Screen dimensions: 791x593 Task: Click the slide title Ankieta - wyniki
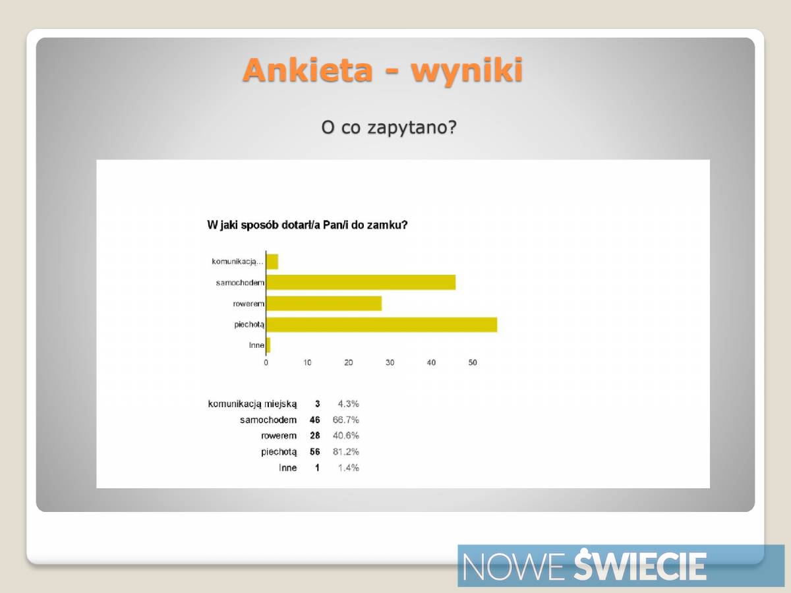[383, 71]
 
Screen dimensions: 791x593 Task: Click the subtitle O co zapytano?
[389, 127]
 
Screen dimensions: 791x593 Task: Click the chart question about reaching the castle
[307, 225]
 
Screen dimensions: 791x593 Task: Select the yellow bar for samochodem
[361, 282]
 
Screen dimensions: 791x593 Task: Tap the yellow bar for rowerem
[324, 304]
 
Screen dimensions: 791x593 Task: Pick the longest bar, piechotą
[382, 325]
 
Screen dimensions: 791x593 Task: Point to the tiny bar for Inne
[268, 345]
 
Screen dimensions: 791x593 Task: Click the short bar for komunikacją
[272, 262]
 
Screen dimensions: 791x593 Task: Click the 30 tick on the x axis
[390, 362]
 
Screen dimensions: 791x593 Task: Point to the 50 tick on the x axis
[473, 362]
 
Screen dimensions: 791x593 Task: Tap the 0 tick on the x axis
[266, 362]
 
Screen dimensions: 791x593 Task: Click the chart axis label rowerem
[249, 304]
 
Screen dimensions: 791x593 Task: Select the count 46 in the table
[314, 420]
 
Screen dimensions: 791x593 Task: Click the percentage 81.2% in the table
[345, 451]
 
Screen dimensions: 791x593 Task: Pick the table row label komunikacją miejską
[252, 405]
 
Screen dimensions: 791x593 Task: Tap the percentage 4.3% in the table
[348, 404]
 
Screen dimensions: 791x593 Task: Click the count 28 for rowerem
[314, 436]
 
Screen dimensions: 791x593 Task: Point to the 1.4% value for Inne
[348, 468]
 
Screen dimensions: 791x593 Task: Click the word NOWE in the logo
[513, 567]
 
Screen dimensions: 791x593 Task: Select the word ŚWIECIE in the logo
[639, 564]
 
